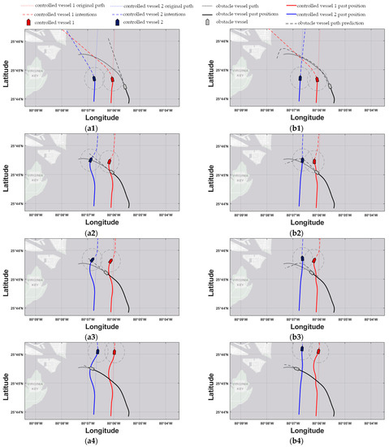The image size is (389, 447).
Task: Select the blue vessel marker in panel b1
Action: click(300, 79)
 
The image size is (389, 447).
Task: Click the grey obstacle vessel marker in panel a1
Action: click(125, 86)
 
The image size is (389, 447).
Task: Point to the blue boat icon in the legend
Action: click(117, 23)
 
